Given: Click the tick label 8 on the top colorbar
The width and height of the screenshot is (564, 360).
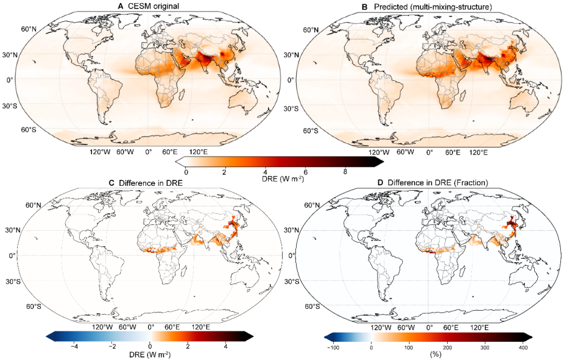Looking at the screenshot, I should (345, 172).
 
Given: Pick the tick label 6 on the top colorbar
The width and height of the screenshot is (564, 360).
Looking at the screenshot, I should (306, 172).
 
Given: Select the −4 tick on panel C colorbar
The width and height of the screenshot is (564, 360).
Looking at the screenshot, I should (74, 346).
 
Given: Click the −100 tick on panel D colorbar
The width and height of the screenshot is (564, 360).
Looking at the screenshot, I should (333, 346).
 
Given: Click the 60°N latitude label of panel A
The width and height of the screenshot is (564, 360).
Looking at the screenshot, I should (32, 29).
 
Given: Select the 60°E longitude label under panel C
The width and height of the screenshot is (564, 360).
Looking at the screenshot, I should (172, 328).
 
